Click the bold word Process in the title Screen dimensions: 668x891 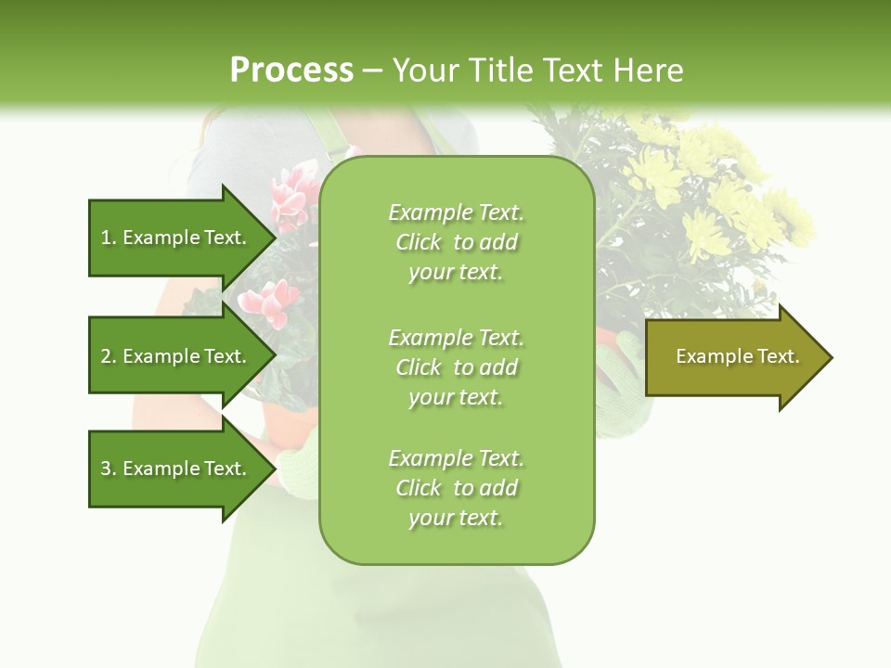coord(291,71)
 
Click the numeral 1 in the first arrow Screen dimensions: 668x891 coord(106,238)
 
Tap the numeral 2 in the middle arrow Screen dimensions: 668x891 coord(106,356)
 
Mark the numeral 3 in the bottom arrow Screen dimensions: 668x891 coord(106,469)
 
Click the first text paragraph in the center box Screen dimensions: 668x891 coord(456,242)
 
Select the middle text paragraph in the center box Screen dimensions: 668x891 coord(456,367)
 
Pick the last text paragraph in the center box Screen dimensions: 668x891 coord(456,488)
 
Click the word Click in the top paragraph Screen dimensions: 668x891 coord(419,242)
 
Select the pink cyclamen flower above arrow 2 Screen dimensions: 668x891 coord(270,302)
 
